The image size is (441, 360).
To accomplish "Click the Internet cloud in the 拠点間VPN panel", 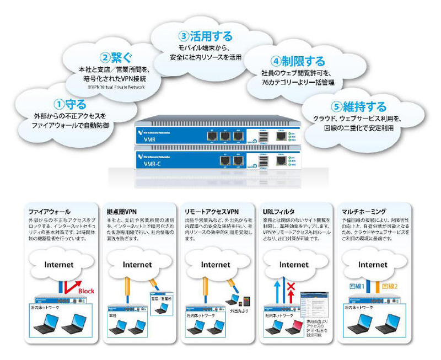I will pos(137,265).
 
